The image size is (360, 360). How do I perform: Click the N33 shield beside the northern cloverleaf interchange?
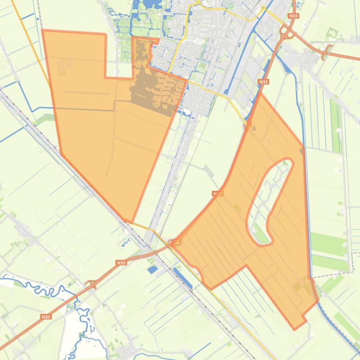tap(294, 16)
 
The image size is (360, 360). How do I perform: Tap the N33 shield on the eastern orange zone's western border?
tap(217, 193)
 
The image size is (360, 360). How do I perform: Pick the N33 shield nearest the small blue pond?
tap(121, 263)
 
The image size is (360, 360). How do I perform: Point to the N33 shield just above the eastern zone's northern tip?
tap(263, 82)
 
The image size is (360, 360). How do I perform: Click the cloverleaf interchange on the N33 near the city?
tap(287, 33)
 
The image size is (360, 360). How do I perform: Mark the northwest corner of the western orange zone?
tap(43, 31)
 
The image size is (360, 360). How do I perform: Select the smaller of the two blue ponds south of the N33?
tap(152, 270)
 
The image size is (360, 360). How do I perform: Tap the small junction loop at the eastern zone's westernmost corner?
tap(176, 242)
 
